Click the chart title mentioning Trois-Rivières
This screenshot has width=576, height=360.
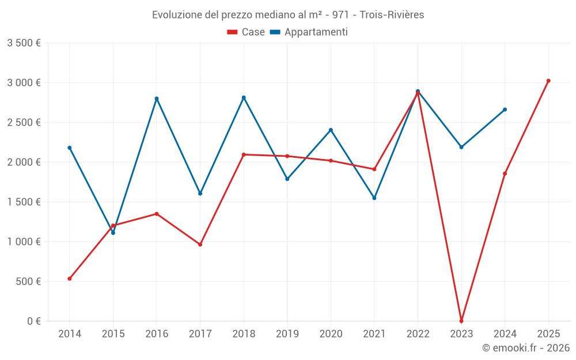pyautogui.click(x=288, y=15)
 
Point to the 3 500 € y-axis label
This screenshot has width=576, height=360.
pyautogui.click(x=24, y=43)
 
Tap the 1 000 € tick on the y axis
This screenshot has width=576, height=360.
pyautogui.click(x=24, y=242)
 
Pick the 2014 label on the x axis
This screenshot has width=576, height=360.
pyautogui.click(x=70, y=334)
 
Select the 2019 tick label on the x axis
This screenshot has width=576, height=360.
pyautogui.click(x=287, y=334)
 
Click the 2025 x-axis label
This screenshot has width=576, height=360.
pyautogui.click(x=548, y=334)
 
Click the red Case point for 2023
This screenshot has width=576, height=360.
pyautogui.click(x=461, y=321)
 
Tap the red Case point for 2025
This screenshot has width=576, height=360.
pyautogui.click(x=548, y=81)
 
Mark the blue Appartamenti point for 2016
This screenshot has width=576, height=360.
pyautogui.click(x=157, y=98)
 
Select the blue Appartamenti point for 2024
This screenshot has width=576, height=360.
pyautogui.click(x=505, y=109)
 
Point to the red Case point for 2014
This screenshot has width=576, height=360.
pyautogui.click(x=70, y=279)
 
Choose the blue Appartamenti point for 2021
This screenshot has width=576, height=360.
pyautogui.click(x=374, y=198)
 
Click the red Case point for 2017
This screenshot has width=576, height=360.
pyautogui.click(x=200, y=245)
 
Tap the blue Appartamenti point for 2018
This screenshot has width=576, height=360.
pyautogui.click(x=244, y=97)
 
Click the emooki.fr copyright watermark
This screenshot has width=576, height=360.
pyautogui.click(x=525, y=348)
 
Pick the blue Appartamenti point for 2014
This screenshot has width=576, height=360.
pyautogui.click(x=70, y=148)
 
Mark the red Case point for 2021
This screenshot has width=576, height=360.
pyautogui.click(x=374, y=169)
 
